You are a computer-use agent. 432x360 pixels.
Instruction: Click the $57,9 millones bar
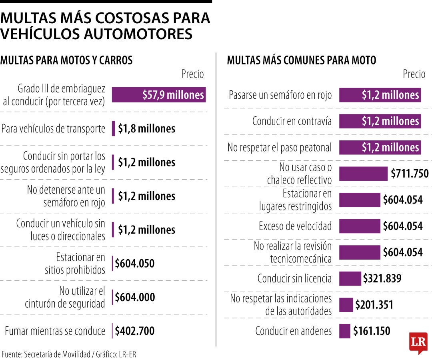(x=158, y=95)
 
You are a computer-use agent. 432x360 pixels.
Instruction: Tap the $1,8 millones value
(x=146, y=129)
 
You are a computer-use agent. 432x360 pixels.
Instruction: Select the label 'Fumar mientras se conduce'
(x=55, y=331)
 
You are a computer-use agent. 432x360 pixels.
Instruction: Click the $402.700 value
(x=134, y=331)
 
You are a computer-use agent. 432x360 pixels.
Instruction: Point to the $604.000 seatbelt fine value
(x=134, y=297)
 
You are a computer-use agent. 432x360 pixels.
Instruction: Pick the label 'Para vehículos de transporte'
(x=53, y=129)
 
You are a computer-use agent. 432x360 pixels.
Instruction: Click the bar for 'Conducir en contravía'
(x=380, y=121)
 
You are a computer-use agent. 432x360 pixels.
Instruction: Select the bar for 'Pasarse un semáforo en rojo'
(x=380, y=95)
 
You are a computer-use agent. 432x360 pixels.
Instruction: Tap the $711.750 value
(x=410, y=174)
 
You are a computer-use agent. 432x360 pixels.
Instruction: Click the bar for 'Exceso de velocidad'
(x=360, y=226)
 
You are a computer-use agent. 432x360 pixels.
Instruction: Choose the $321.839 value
(x=382, y=278)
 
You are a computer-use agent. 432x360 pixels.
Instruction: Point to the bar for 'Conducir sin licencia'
(x=350, y=278)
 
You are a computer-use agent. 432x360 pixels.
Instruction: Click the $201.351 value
(x=374, y=305)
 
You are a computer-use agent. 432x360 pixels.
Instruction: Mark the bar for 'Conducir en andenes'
(x=344, y=331)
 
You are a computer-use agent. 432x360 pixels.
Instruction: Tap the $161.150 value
(x=371, y=331)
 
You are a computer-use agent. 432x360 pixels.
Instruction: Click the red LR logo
(x=418, y=342)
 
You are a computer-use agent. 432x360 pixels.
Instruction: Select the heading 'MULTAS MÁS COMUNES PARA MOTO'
(x=302, y=60)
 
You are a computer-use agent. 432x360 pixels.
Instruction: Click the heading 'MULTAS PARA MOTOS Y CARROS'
(x=66, y=60)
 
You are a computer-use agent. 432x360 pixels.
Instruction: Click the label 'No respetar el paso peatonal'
(x=280, y=148)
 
